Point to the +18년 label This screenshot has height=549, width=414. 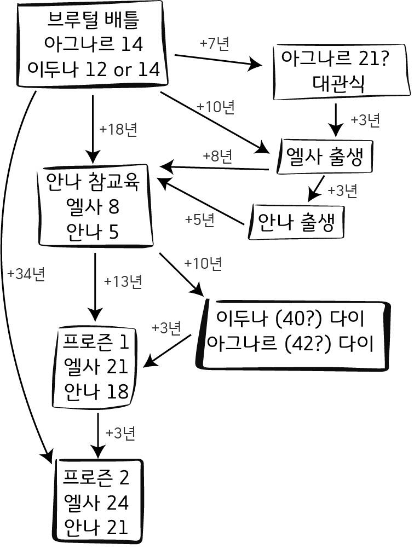[x=118, y=129]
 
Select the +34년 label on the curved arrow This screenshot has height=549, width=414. [x=26, y=274]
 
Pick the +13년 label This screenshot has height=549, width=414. [x=123, y=281]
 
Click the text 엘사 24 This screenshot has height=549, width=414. [x=96, y=502]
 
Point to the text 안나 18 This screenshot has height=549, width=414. [x=96, y=391]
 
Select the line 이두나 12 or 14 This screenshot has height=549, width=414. [x=93, y=69]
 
